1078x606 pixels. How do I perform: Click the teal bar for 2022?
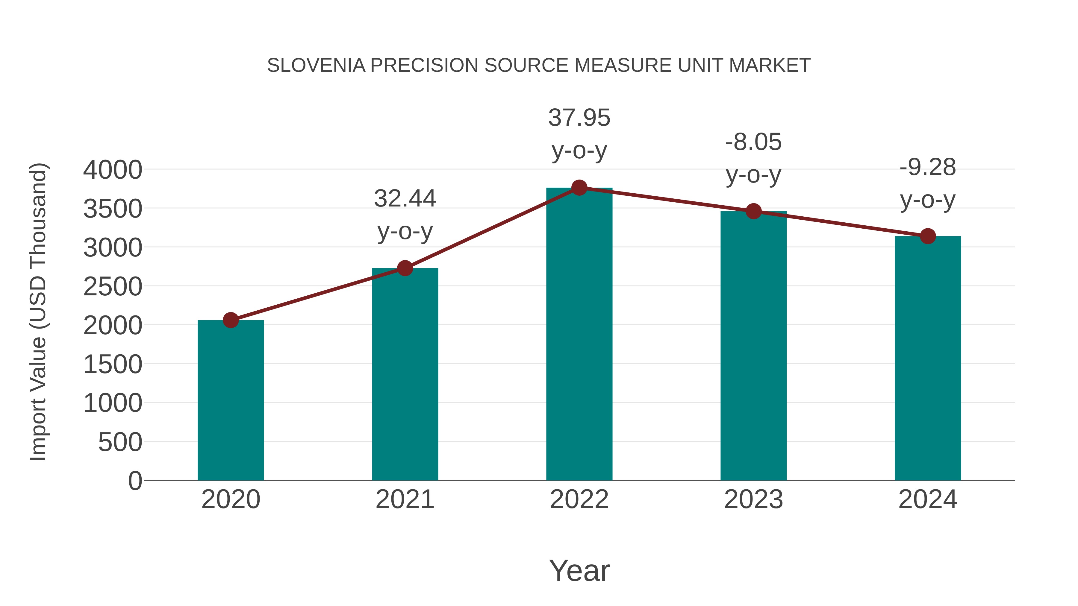(579, 335)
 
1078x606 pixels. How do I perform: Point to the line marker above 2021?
(405, 268)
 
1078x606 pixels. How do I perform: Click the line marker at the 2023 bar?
(753, 211)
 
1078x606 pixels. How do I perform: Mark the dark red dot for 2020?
(231, 320)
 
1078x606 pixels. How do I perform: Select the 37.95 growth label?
(579, 118)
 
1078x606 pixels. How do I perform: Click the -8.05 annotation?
(753, 142)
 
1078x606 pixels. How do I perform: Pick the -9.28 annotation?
(928, 167)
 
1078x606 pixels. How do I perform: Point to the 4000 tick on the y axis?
(113, 170)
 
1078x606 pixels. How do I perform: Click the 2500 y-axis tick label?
(113, 287)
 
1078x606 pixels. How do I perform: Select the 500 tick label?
(120, 443)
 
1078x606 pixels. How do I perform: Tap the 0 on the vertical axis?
(135, 481)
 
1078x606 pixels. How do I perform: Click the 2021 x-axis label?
(405, 499)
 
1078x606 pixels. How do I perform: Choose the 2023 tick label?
(753, 499)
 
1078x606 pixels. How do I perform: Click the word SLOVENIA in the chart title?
(316, 66)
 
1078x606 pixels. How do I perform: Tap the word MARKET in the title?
(769, 66)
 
